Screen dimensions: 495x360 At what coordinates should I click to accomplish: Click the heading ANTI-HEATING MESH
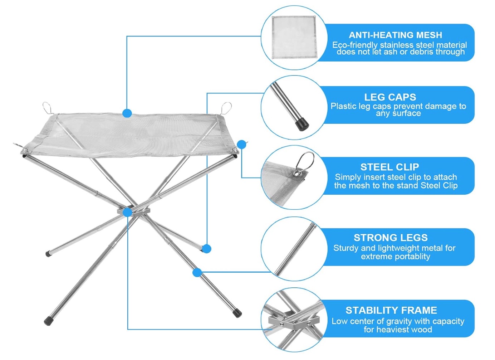pyautogui.click(x=395, y=35)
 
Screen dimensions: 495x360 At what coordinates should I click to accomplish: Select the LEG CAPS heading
pyautogui.click(x=390, y=97)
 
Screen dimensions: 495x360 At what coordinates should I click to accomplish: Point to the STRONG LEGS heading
pyautogui.click(x=391, y=238)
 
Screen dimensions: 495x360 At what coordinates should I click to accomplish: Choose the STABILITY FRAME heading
pyautogui.click(x=391, y=310)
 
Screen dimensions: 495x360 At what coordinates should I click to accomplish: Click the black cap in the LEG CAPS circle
pyautogui.click(x=302, y=124)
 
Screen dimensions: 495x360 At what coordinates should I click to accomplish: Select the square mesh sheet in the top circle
pyautogui.click(x=295, y=37)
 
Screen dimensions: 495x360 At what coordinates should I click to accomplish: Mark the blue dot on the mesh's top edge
pyautogui.click(x=127, y=113)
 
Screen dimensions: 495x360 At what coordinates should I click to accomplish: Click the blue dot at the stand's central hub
pyautogui.click(x=127, y=213)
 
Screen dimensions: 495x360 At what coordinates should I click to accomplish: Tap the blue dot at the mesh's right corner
pyautogui.click(x=242, y=145)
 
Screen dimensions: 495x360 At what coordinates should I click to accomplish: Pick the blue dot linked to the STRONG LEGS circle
pyautogui.click(x=197, y=272)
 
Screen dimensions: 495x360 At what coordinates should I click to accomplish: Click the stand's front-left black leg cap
pyautogui.click(x=48, y=321)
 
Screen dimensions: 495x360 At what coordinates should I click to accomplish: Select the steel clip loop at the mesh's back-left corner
pyautogui.click(x=48, y=108)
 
